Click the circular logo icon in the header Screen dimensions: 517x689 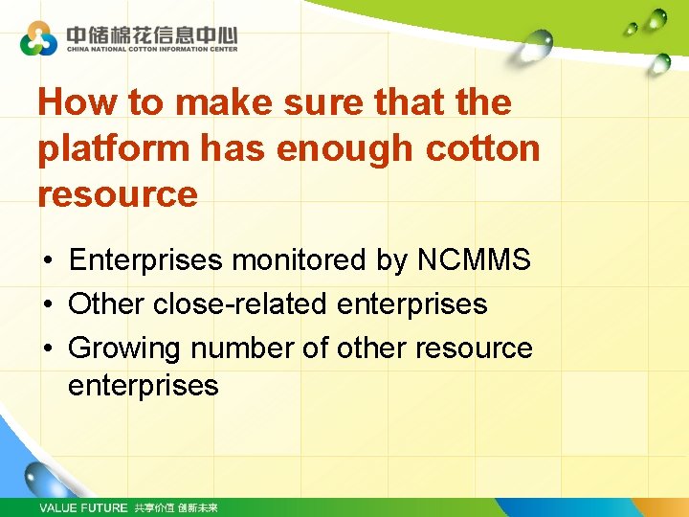(x=38, y=38)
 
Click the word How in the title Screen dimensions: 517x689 (x=78, y=102)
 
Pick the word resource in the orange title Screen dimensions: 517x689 (x=117, y=194)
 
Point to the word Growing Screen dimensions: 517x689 (x=124, y=348)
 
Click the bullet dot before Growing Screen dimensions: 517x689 (x=46, y=348)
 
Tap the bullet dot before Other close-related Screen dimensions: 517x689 (x=46, y=304)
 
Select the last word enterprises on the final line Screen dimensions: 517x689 (x=143, y=386)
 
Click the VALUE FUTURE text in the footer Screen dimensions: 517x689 (x=82, y=507)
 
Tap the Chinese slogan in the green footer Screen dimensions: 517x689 (x=176, y=507)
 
